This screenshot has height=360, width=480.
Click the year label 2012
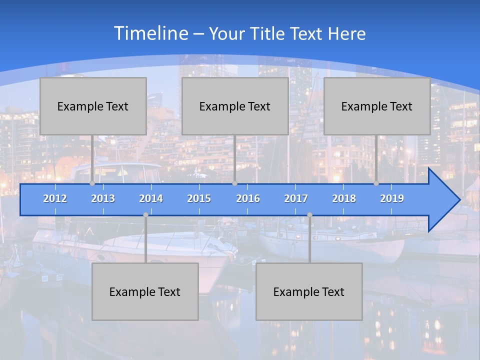(x=55, y=198)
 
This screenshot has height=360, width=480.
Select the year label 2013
(x=103, y=198)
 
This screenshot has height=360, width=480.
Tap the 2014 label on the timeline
(x=151, y=198)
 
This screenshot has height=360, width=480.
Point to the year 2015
(x=199, y=198)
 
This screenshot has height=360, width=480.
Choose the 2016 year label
(x=248, y=198)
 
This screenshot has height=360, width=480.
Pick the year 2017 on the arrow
(x=296, y=198)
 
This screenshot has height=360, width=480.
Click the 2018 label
(x=344, y=198)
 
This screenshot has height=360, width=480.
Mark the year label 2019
(x=392, y=198)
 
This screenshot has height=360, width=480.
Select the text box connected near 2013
(x=93, y=106)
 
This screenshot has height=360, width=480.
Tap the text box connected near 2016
(x=235, y=106)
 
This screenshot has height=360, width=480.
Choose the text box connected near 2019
(x=377, y=106)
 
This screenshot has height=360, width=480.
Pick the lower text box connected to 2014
(x=145, y=291)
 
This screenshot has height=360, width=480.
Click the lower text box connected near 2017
(x=309, y=291)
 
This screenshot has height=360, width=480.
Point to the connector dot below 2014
(x=145, y=215)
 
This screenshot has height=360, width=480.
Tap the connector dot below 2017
(x=309, y=215)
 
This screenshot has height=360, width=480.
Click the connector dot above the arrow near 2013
(x=92, y=183)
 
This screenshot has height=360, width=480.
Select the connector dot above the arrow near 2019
(x=376, y=183)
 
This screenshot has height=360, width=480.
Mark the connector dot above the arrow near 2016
(x=234, y=183)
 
